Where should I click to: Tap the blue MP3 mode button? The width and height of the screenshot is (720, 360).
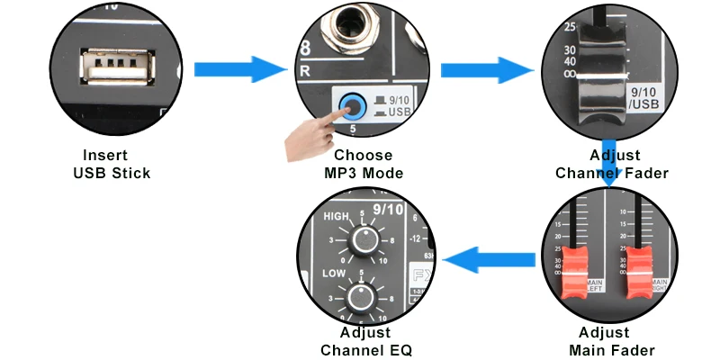(350, 108)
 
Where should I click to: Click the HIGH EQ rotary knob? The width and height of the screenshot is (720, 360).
(364, 239)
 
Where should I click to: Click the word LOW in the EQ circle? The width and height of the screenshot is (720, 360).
(335, 271)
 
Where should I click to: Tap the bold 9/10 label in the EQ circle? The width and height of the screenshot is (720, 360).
(388, 210)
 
